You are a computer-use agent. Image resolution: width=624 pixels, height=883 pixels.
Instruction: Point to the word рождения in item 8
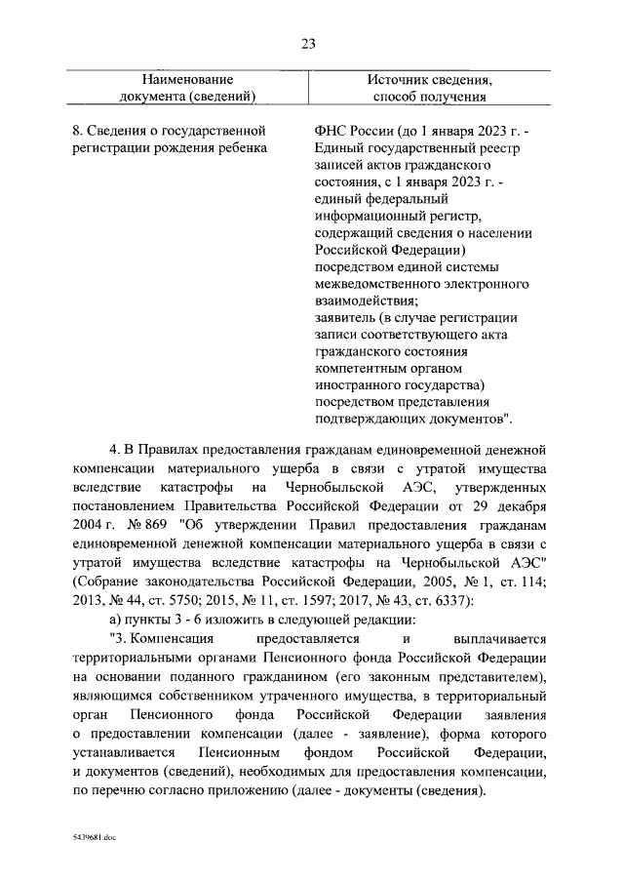(x=189, y=147)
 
